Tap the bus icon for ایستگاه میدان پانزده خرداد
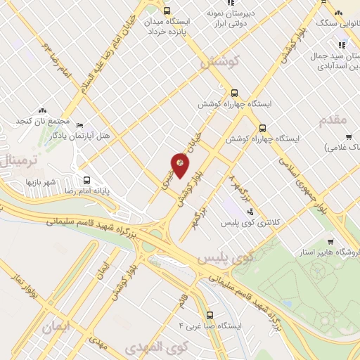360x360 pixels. click(x=167, y=11)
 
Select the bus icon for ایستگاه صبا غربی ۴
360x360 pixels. click(x=209, y=315)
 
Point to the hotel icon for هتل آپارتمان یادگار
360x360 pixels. click(x=79, y=122)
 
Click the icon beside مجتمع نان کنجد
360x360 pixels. click(x=42, y=110)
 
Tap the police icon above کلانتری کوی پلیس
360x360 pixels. click(x=251, y=211)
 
